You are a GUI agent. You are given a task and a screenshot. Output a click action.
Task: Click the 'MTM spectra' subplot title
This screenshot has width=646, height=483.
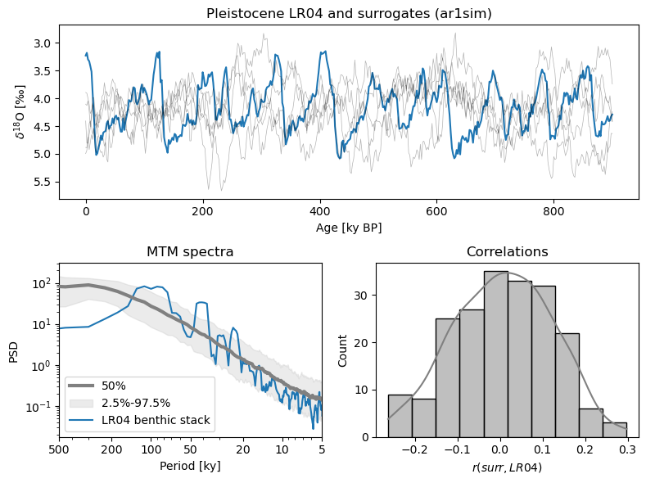(190, 252)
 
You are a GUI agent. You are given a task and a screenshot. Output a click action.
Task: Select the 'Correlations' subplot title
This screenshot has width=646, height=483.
(508, 252)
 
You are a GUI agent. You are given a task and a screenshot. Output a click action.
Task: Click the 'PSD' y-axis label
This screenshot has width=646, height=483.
(13, 352)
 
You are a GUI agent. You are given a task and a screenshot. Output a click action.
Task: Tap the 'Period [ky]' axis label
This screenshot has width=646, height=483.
(190, 467)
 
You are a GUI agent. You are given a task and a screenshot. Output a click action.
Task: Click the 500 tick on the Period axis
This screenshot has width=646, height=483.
(59, 449)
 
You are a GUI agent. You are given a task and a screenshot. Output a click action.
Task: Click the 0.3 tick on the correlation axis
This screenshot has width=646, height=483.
(626, 449)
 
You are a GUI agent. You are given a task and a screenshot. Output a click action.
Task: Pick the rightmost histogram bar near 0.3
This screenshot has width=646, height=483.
(615, 431)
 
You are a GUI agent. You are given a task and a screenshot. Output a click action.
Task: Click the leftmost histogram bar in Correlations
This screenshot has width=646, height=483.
(400, 418)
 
